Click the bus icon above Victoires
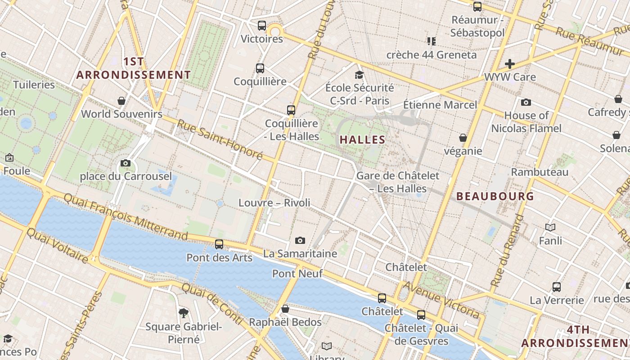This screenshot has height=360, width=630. [x=262, y=26]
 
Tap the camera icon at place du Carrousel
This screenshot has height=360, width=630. [x=126, y=163]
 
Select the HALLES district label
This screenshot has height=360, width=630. [x=362, y=139]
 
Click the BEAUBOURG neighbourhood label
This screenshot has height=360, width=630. [x=495, y=196]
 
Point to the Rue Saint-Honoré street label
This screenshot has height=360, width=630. [x=220, y=139]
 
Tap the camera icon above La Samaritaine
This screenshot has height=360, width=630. [x=300, y=240]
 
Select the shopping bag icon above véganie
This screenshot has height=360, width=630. [x=463, y=138]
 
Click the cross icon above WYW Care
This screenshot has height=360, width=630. [x=509, y=64]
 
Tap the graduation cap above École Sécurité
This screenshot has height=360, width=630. [x=359, y=75]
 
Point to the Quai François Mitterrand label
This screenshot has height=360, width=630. [x=126, y=216]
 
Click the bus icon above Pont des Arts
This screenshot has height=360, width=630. [x=219, y=244]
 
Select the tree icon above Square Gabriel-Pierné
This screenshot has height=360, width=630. [x=183, y=313]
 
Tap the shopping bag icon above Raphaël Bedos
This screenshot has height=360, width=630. [x=285, y=309]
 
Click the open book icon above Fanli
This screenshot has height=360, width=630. [x=550, y=227]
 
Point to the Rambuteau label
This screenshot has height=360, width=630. [x=540, y=172]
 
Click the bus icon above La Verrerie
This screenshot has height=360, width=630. [x=557, y=287]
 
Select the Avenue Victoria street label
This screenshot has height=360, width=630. [x=441, y=299]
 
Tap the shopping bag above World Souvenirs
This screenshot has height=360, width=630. [x=121, y=100]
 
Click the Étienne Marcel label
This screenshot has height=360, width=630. [x=440, y=105]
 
